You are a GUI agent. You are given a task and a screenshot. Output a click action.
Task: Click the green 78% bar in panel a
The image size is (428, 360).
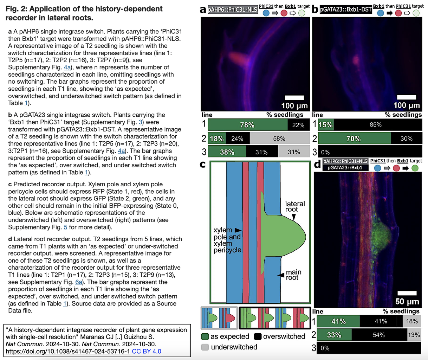click(x=247, y=125)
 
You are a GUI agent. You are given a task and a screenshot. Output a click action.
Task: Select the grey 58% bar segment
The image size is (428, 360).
click(x=279, y=139)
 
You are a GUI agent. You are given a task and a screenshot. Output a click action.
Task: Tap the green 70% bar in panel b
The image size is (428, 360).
click(x=354, y=139)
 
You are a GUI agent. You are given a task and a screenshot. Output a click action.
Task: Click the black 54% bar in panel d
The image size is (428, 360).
click(x=379, y=335)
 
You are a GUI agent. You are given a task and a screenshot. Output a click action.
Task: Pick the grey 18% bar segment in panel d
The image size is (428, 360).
click(x=411, y=321)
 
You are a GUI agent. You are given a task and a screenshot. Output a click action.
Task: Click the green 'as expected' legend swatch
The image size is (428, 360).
click(x=205, y=336)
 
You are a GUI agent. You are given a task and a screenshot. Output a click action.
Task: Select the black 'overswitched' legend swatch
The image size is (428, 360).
click(x=258, y=336)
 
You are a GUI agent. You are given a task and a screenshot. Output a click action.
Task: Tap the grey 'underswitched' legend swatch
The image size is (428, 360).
click(x=205, y=347)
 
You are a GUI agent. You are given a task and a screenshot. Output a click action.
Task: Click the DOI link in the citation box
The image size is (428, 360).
click(x=68, y=351)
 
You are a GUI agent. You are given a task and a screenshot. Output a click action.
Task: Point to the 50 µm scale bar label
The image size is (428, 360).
click(x=407, y=301)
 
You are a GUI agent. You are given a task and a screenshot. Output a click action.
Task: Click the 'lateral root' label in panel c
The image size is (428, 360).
click(x=295, y=206)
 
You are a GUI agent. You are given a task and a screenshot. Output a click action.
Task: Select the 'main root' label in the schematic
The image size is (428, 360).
click(x=293, y=275)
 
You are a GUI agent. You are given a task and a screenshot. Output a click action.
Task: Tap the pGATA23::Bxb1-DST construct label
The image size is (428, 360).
click(x=346, y=10)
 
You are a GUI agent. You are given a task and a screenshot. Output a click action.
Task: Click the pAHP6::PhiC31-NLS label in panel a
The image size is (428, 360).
click(x=232, y=10)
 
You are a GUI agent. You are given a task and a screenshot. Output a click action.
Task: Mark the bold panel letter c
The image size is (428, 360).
click(x=202, y=164)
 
